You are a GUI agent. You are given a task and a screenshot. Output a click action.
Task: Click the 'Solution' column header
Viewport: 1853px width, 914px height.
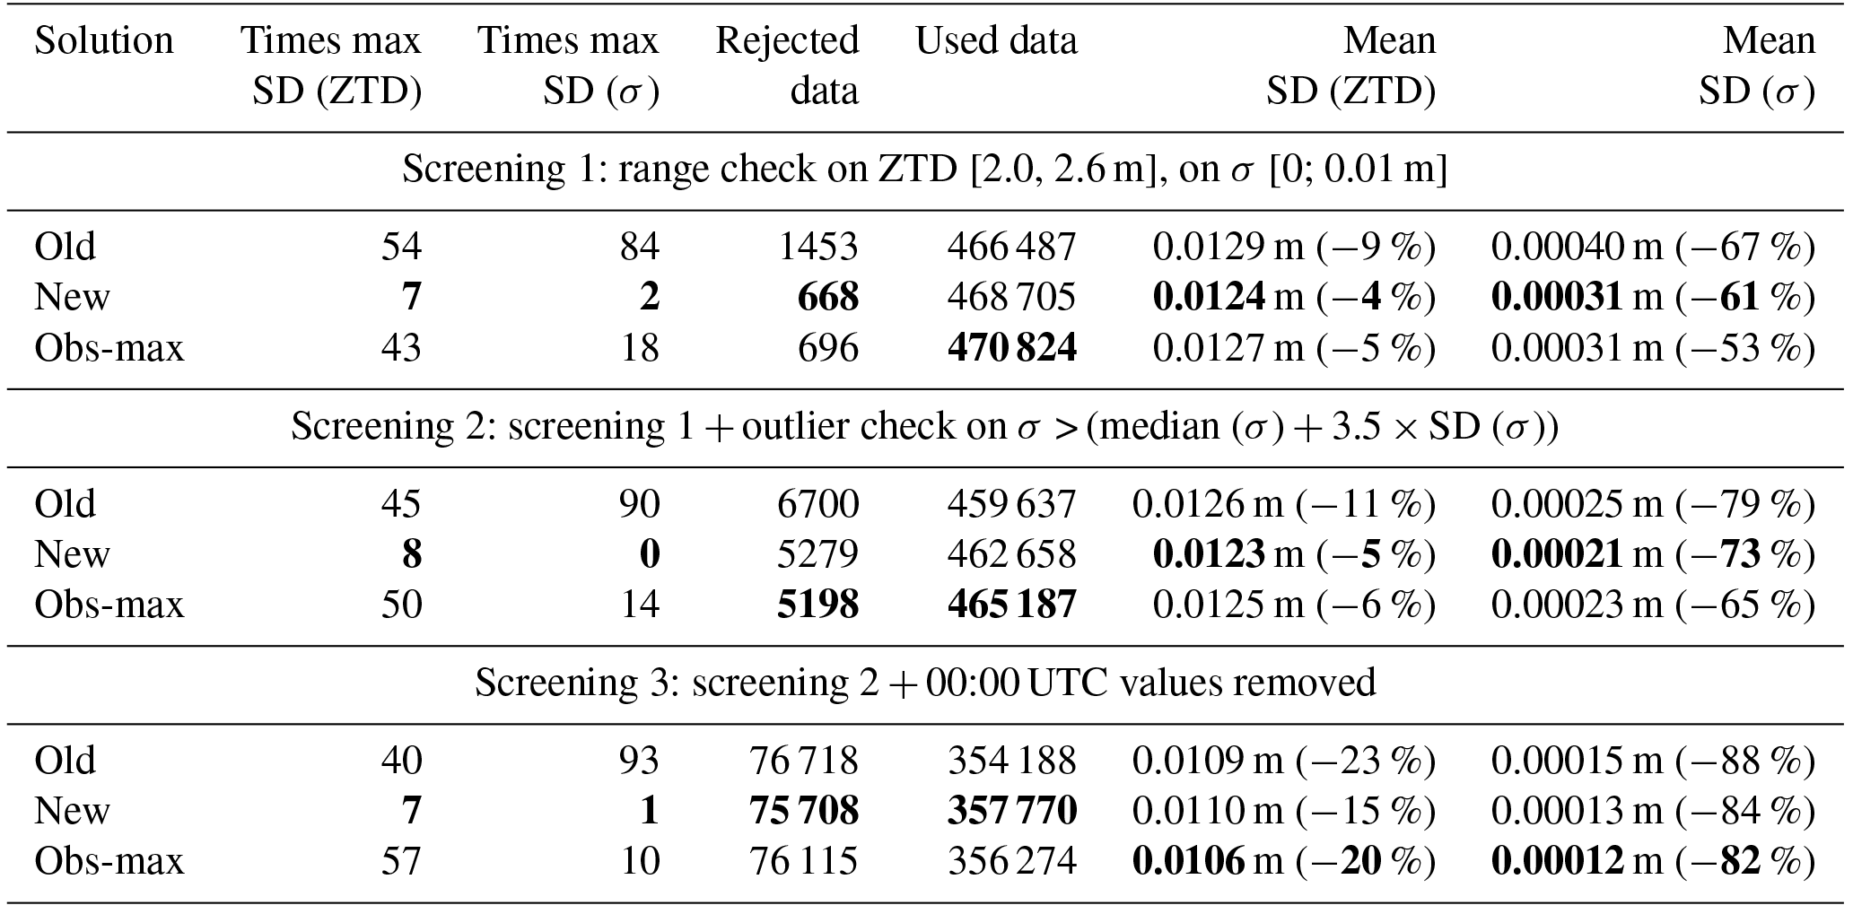coord(104,41)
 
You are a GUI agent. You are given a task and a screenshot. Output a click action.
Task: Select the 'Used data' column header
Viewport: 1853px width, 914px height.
coord(996,41)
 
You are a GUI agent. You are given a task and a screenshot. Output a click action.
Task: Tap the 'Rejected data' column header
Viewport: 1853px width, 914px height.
coord(787,65)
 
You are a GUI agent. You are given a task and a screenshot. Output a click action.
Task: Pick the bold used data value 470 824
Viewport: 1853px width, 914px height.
coord(1011,347)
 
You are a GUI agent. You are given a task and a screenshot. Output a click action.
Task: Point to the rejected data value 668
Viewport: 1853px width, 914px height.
coord(828,297)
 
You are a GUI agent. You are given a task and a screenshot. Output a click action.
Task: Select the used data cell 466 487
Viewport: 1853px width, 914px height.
coord(1011,246)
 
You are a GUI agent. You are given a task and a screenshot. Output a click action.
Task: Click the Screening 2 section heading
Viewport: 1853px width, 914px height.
coord(924,427)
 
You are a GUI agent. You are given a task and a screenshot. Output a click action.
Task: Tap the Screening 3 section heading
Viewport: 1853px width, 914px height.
coord(924,683)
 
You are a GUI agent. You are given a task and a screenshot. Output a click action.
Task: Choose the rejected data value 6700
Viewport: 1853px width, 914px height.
coord(818,503)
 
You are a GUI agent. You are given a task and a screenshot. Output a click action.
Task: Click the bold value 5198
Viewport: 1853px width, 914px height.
coord(818,605)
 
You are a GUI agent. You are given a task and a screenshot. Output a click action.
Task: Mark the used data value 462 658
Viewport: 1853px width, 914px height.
coord(1011,554)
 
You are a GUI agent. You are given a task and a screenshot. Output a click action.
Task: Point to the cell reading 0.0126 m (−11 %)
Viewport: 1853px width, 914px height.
coord(1283,503)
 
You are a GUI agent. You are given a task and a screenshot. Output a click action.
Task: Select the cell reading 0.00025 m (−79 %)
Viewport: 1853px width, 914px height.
coord(1653,503)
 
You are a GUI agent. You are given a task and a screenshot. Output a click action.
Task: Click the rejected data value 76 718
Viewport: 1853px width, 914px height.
coord(803,761)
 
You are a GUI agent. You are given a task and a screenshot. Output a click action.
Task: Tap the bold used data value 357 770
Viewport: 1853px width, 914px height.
coord(1011,811)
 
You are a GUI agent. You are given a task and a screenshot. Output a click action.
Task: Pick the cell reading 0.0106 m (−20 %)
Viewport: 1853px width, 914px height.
coord(1283,862)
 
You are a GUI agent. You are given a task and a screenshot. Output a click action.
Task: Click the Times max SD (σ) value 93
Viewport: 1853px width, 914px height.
coord(639,761)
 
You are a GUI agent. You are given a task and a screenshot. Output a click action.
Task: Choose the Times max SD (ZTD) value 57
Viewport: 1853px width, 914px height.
coord(400,862)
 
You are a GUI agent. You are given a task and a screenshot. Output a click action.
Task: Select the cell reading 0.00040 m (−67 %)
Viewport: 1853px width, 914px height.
coord(1653,246)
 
